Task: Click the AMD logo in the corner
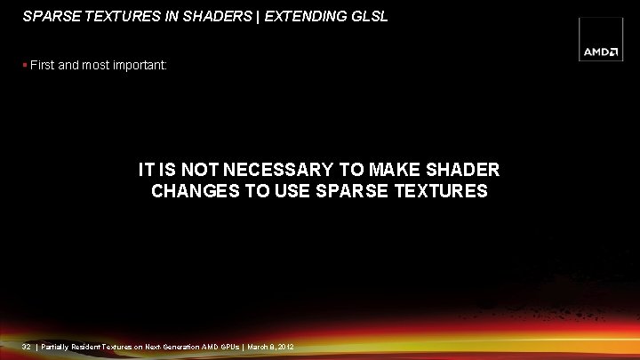[x=602, y=51]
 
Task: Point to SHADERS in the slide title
[x=190, y=16]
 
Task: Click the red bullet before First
[x=25, y=65]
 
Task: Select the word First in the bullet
[x=43, y=65]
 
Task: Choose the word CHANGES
[x=189, y=190]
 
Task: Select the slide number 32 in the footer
[x=26, y=346]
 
